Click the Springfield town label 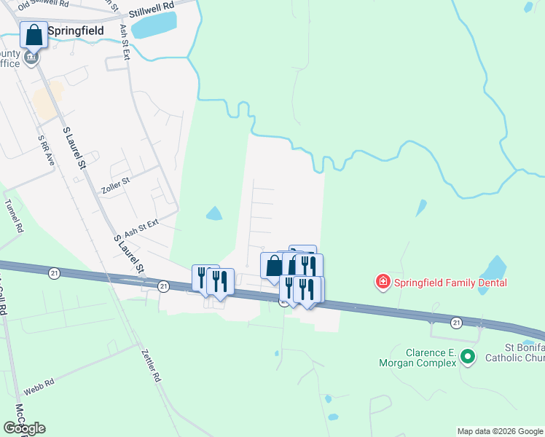coord(75,31)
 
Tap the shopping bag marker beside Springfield coord(34,35)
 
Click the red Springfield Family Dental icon coord(382,282)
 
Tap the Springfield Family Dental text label coord(450,282)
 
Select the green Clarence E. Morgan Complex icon coord(469,357)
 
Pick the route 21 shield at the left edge coord(54,272)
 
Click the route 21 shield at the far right coord(456,322)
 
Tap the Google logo coord(24,428)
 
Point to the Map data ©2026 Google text coord(499,431)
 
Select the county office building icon coord(31,57)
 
